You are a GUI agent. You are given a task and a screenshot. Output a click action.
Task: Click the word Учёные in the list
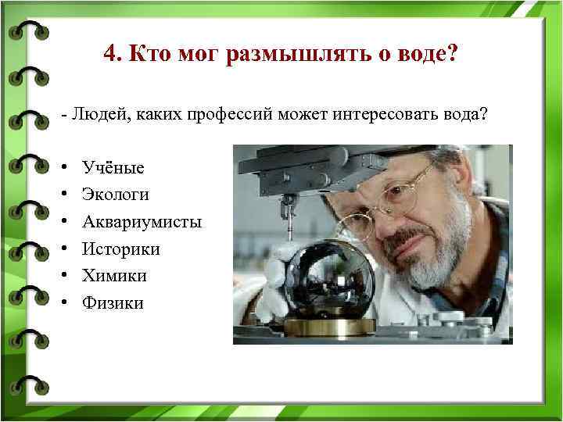pyautogui.click(x=113, y=168)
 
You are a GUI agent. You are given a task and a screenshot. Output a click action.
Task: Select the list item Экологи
pyautogui.click(x=115, y=195)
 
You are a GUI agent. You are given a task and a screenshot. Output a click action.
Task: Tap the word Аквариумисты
pyautogui.click(x=142, y=222)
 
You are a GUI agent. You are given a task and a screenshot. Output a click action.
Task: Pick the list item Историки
pyautogui.click(x=120, y=249)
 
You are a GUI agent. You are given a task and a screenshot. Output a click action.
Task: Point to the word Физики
pyautogui.click(x=113, y=303)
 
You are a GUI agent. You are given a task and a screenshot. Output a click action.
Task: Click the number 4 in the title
pyautogui.click(x=109, y=55)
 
